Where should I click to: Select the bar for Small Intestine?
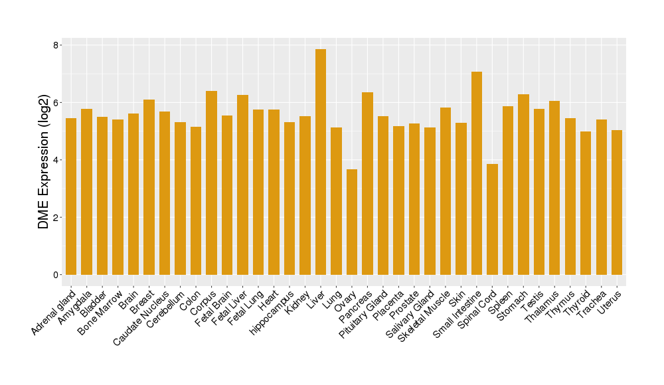pyautogui.click(x=477, y=173)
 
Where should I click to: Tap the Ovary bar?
pyautogui.click(x=352, y=222)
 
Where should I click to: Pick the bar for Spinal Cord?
pyautogui.click(x=492, y=219)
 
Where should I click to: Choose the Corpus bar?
pyautogui.click(x=212, y=183)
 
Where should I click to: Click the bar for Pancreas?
pyautogui.click(x=367, y=183)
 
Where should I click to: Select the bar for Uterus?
pyautogui.click(x=617, y=202)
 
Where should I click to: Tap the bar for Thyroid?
pyautogui.click(x=586, y=203)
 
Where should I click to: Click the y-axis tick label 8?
pyautogui.click(x=57, y=45)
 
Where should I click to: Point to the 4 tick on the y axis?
pyautogui.click(x=57, y=160)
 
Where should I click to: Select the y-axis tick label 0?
pyautogui.click(x=57, y=275)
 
